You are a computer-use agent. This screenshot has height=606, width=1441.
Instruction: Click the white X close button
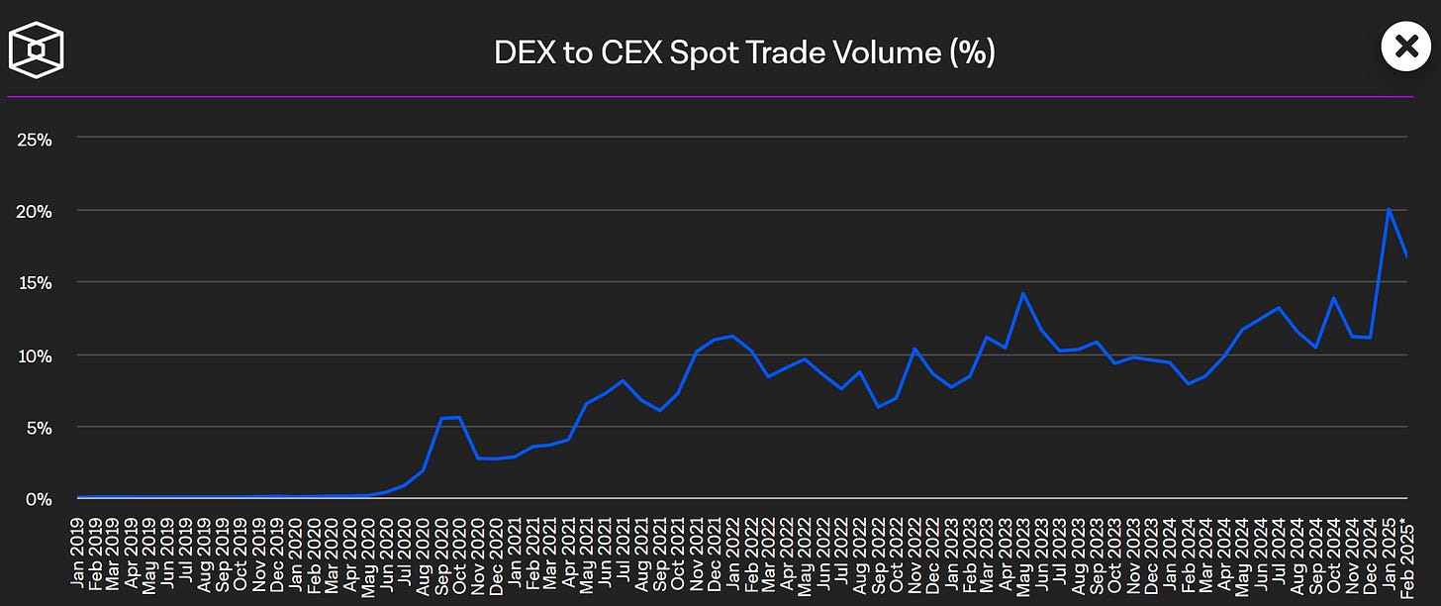[1406, 46]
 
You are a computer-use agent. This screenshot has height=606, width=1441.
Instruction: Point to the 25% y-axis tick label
[35, 139]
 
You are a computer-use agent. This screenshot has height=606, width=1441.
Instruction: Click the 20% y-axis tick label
[35, 211]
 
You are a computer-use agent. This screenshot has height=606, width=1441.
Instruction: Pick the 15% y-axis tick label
[35, 283]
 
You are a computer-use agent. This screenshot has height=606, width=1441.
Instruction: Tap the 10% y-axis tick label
[35, 355]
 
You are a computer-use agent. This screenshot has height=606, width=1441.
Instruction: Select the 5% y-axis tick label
[38, 428]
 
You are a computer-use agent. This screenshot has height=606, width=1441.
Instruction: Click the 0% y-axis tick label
[38, 499]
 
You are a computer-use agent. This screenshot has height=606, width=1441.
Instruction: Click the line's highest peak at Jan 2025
[1390, 209]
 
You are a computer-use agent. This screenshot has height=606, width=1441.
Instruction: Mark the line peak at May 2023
[1022, 293]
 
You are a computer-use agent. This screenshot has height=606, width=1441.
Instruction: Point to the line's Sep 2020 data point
[441, 419]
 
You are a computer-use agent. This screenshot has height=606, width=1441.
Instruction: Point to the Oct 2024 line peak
[1334, 297]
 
